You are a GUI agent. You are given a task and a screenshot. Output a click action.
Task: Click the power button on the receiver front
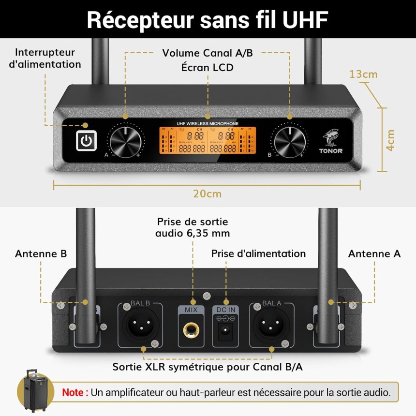coord(86,141)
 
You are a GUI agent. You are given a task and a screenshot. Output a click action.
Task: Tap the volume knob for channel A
coord(125,142)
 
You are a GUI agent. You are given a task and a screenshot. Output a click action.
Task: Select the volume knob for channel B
coord(290,142)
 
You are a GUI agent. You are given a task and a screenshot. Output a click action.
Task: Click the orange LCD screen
coord(207,141)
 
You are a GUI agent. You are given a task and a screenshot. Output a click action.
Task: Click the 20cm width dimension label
coord(207,194)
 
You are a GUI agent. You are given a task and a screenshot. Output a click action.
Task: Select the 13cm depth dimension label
coord(363,74)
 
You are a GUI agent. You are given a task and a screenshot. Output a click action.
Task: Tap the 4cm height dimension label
coord(391,140)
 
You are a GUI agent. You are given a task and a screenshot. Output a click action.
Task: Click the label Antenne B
coord(41,254)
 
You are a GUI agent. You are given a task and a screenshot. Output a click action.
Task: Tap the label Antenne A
coord(374,254)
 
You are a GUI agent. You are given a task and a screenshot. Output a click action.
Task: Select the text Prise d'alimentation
coord(258,253)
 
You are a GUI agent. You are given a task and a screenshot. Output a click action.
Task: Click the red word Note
coord(75,392)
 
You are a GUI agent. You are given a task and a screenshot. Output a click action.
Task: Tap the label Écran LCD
coord(207,67)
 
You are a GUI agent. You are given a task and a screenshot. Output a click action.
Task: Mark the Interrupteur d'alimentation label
coord(45,58)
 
